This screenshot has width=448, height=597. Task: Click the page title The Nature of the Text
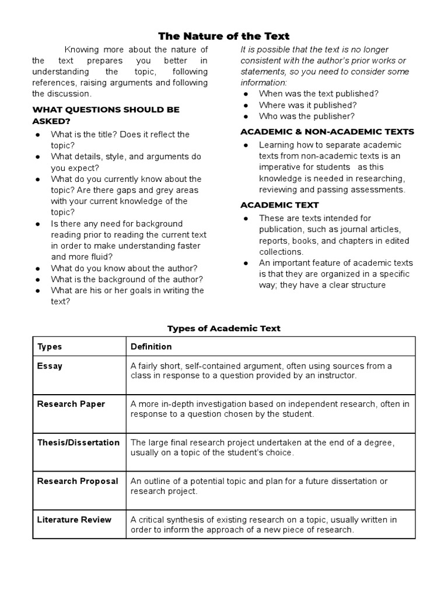point(224,36)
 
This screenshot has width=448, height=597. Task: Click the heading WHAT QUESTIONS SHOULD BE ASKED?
point(106,115)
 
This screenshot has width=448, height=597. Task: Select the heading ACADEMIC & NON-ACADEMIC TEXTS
point(327,131)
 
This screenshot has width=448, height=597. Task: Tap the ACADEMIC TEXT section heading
point(279,205)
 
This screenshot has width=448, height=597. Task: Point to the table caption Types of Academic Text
point(224,328)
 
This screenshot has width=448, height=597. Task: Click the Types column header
point(50,346)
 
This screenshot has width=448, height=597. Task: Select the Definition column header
point(151,346)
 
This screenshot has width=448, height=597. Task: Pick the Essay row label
point(50,366)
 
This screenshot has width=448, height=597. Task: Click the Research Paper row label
point(71,404)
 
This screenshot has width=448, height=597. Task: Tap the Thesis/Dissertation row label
point(78,443)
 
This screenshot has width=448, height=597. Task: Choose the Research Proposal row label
point(78,481)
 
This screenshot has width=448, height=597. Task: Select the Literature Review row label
point(74,519)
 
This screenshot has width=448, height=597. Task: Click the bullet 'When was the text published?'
point(318,93)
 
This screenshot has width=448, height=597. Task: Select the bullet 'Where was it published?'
point(307,105)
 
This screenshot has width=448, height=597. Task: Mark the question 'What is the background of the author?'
point(127,279)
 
